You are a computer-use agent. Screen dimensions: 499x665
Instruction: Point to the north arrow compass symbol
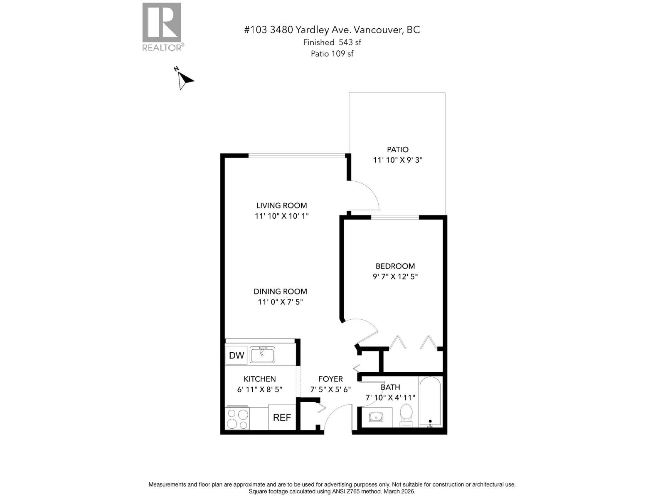click(183, 79)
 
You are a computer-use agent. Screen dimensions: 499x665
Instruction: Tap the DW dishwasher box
click(236, 356)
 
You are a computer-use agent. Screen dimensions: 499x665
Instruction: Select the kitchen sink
click(262, 355)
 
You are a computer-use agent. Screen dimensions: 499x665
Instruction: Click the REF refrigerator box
click(282, 417)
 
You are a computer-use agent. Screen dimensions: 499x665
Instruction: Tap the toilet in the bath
click(406, 415)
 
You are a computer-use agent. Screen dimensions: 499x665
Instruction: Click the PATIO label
click(398, 149)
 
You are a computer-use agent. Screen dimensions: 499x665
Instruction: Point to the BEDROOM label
click(395, 266)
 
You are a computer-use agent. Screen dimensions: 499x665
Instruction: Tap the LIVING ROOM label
click(281, 205)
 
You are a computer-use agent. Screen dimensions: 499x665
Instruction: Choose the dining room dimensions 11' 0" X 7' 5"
click(280, 302)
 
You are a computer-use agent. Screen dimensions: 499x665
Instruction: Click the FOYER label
click(330, 379)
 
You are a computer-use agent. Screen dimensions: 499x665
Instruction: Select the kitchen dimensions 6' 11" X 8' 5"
click(259, 390)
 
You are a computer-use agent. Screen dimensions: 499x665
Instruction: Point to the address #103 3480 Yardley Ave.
click(332, 30)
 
